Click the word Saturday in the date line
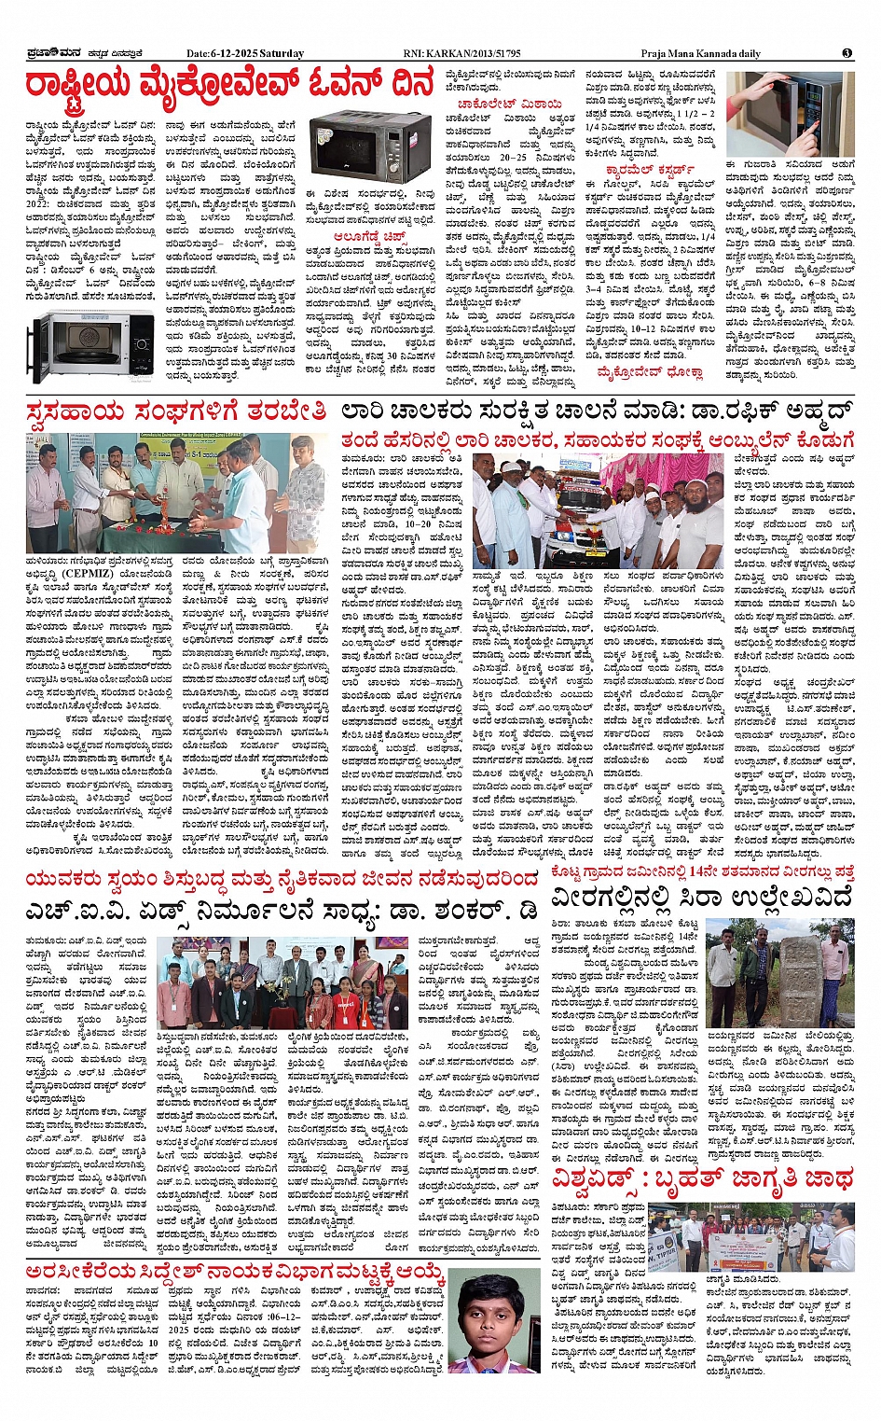point(281,53)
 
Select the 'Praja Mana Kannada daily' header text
point(700,53)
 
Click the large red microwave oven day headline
point(229,87)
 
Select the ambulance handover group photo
point(597,510)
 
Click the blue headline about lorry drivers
point(596,412)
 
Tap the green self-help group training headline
point(177,412)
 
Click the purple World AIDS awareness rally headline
point(700,1178)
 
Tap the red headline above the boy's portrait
point(234,1272)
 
